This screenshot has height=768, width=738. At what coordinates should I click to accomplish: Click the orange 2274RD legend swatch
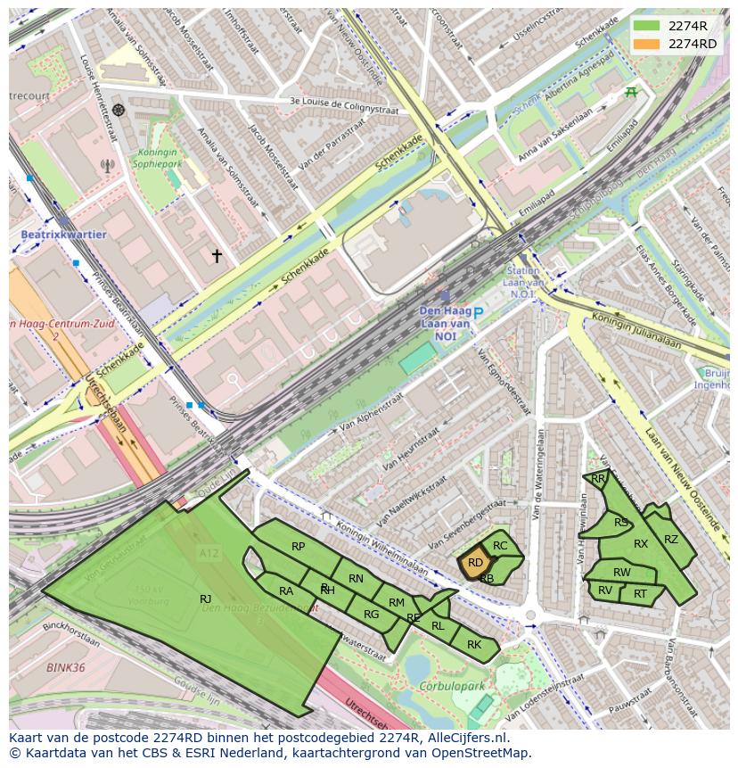tap(647, 44)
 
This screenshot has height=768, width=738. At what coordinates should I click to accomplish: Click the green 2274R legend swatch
tap(647, 26)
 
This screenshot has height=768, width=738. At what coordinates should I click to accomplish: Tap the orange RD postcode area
tap(475, 563)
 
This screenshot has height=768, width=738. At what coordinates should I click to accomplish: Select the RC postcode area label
tap(500, 546)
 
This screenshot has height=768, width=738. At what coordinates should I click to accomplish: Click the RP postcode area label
tap(299, 547)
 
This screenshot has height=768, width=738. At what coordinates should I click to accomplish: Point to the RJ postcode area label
tap(205, 599)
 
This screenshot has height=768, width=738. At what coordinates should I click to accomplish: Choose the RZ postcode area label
tap(671, 539)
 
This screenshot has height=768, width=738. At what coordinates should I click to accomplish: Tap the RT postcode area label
tap(640, 593)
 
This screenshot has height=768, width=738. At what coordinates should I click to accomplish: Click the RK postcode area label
tap(474, 644)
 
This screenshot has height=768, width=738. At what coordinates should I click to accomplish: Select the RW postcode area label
tap(622, 573)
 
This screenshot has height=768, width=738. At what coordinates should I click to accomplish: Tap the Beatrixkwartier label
tap(62, 235)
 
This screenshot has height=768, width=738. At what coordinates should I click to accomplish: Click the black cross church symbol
tap(217, 256)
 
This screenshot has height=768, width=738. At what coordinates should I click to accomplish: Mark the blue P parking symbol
tap(479, 313)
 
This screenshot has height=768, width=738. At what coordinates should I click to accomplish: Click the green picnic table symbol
tap(632, 91)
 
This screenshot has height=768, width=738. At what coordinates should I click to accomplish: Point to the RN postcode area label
tap(356, 579)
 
